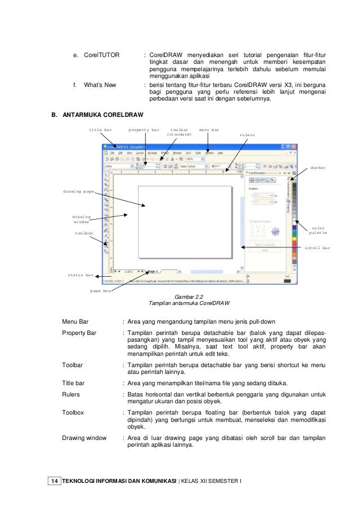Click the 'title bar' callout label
100,130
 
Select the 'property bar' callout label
144,130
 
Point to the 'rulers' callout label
247,135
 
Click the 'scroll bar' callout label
318,247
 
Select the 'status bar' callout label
80,275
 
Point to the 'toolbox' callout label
84,232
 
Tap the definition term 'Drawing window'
84,437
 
